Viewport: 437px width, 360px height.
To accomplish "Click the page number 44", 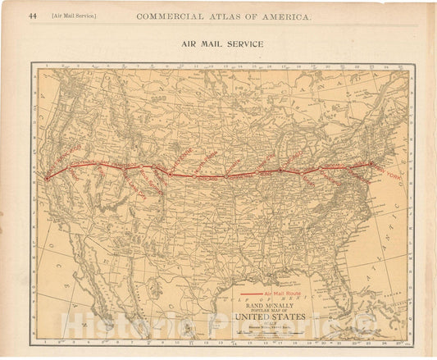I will point(33,16).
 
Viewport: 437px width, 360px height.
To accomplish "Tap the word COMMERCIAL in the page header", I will point(170,16).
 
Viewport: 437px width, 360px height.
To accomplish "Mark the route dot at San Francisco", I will point(47,177).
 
